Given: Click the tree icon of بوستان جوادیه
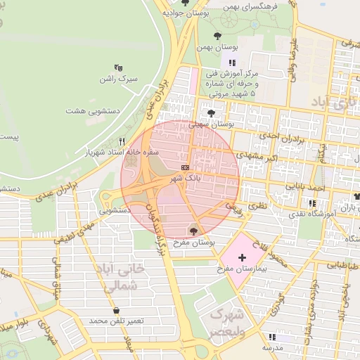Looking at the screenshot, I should pos(185,3).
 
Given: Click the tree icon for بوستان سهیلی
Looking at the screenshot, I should pos(211,112).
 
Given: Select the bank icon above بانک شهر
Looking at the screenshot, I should pos(185,167).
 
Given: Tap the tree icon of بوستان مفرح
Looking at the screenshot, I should pos(193,231).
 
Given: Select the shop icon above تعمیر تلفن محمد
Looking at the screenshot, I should pos(115,310).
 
